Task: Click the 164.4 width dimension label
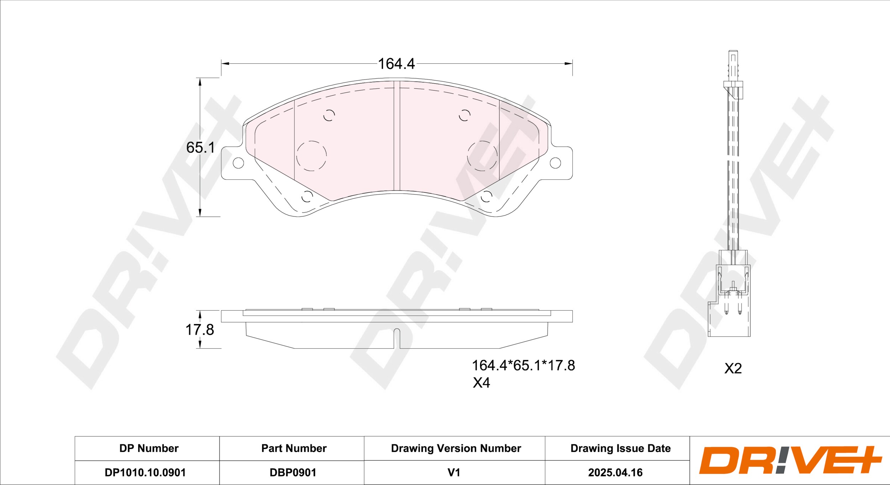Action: click(x=396, y=64)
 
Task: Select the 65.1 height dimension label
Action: click(x=200, y=148)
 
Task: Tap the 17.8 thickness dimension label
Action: click(x=200, y=330)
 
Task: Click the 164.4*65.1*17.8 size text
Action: click(x=523, y=366)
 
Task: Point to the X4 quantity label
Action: click(x=481, y=383)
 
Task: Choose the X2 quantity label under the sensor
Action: click(x=733, y=369)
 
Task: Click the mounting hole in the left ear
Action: click(x=238, y=163)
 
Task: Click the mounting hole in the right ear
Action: click(x=555, y=163)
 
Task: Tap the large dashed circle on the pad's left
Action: click(x=311, y=141)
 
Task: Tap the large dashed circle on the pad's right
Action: click(x=482, y=141)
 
